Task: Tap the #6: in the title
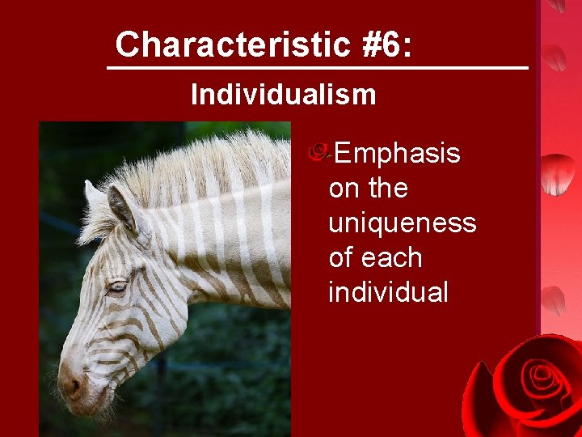pos(386,45)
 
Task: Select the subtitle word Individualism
pos(284,95)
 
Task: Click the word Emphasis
pos(398,154)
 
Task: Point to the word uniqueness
pos(402,223)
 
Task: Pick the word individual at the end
pos(388,291)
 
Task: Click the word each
pos(393,257)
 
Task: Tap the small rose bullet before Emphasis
pos(318,151)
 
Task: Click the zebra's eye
pos(118,285)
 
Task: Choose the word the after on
pos(388,189)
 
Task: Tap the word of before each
pos(343,257)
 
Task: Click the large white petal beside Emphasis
pos(557,173)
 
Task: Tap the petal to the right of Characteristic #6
pos(555,57)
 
